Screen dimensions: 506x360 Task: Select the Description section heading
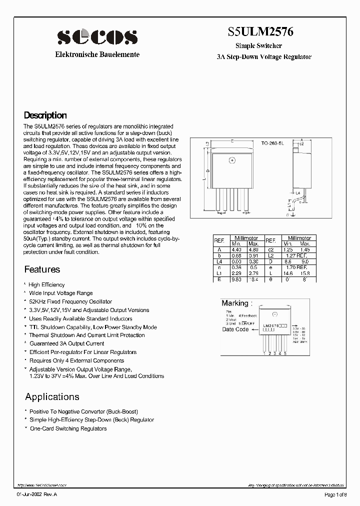click(x=45, y=115)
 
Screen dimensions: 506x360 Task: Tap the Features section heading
click(x=42, y=269)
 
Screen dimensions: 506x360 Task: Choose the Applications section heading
click(x=52, y=397)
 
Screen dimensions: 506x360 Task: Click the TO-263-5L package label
click(x=272, y=143)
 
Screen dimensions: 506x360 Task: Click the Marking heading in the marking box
click(x=235, y=303)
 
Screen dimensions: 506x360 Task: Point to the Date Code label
click(x=235, y=329)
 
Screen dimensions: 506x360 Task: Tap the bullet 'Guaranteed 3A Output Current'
click(x=66, y=343)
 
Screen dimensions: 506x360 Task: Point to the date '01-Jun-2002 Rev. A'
click(x=37, y=494)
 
